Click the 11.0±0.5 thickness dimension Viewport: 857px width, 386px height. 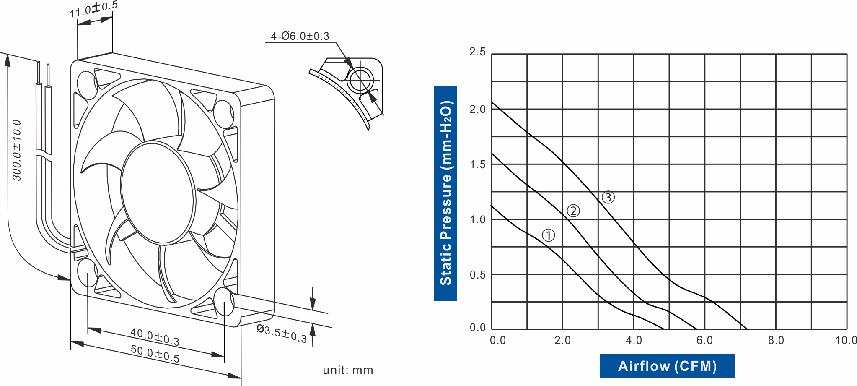click(93, 10)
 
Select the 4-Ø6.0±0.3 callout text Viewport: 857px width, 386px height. click(300, 36)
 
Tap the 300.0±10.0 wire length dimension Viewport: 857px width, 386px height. click(17, 150)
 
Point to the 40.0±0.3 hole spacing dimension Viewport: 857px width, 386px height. click(155, 337)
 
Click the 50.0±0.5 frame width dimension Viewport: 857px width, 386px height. click(155, 354)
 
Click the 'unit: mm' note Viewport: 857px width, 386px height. click(347, 370)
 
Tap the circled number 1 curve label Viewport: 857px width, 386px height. click(548, 235)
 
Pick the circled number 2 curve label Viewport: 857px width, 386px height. click(573, 211)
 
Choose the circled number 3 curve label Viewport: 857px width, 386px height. click(608, 197)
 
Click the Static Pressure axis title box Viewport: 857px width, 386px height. click(445, 193)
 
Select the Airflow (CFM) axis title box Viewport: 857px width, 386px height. click(667, 366)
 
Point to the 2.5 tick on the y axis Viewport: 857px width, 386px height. click(477, 52)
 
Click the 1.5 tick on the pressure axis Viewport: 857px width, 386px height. click(477, 164)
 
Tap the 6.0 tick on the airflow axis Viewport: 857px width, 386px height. click(704, 340)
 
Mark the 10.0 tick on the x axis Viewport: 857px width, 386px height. click(846, 340)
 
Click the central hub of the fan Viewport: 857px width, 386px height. click(158, 193)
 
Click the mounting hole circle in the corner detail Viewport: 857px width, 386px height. click(360, 80)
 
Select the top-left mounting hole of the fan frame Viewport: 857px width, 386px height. click(88, 85)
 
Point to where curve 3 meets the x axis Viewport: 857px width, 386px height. click(747, 329)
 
